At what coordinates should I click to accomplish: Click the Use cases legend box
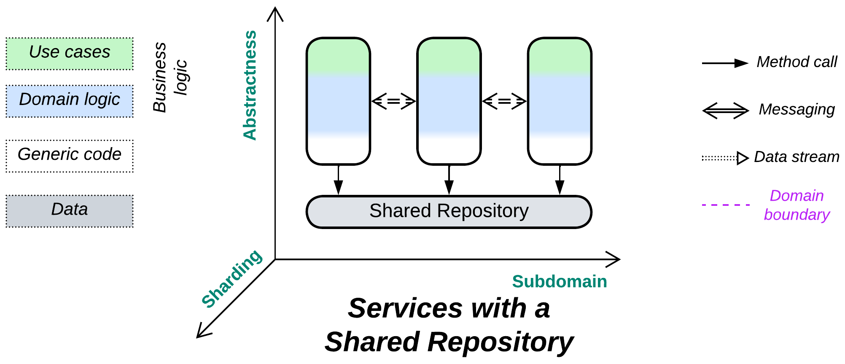70,54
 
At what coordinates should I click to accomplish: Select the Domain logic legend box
70,101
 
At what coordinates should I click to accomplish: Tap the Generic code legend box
70,156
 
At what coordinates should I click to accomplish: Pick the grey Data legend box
70,211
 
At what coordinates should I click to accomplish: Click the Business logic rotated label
170,78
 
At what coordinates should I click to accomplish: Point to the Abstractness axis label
250,85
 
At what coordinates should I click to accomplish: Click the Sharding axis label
231,278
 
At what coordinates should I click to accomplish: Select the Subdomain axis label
559,281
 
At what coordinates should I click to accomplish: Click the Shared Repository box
449,212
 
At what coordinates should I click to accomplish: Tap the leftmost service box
338,101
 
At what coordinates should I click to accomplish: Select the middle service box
449,101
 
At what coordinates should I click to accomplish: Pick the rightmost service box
560,101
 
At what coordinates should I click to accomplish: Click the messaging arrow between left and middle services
393,101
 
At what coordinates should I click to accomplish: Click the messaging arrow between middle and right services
504,101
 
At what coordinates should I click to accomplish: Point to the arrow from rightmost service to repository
560,180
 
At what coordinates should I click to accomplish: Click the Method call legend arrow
725,63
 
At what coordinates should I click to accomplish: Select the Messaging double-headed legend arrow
725,111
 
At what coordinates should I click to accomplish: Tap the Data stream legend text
796,157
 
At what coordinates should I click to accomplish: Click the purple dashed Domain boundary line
725,205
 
